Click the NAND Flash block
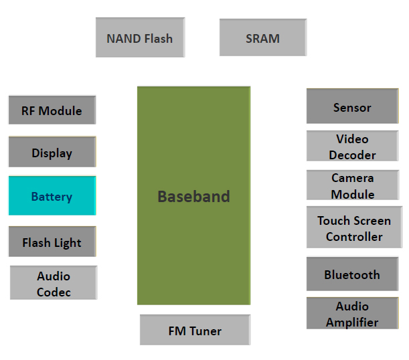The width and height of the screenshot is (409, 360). pyautogui.click(x=141, y=37)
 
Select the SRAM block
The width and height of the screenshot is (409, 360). pyautogui.click(x=263, y=37)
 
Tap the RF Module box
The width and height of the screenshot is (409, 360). pyautogui.click(x=52, y=110)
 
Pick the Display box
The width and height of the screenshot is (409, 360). pyautogui.click(x=52, y=152)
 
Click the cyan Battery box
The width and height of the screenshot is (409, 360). pyautogui.click(x=52, y=195)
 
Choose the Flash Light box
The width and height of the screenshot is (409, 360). pyautogui.click(x=52, y=242)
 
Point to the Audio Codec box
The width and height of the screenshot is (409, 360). pyautogui.click(x=54, y=282)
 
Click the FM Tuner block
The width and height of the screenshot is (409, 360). pyautogui.click(x=195, y=330)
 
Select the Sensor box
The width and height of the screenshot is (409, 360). pyautogui.click(x=352, y=106)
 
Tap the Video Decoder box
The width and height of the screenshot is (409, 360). pyautogui.click(x=352, y=146)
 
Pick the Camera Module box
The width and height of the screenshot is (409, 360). pyautogui.click(x=353, y=185)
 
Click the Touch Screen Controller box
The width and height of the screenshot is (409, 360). pyautogui.click(x=354, y=227)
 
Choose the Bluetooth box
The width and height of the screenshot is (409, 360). pyautogui.click(x=352, y=274)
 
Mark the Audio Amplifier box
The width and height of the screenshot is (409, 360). pyautogui.click(x=352, y=313)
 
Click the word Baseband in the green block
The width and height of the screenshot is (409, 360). pyautogui.click(x=194, y=196)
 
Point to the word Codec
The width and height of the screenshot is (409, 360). pyautogui.click(x=54, y=292)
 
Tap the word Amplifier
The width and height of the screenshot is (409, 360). pyautogui.click(x=352, y=323)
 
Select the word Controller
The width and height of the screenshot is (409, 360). pyautogui.click(x=354, y=237)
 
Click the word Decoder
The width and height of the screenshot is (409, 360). pyautogui.click(x=352, y=155)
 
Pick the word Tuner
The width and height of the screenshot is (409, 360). pyautogui.click(x=206, y=331)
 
